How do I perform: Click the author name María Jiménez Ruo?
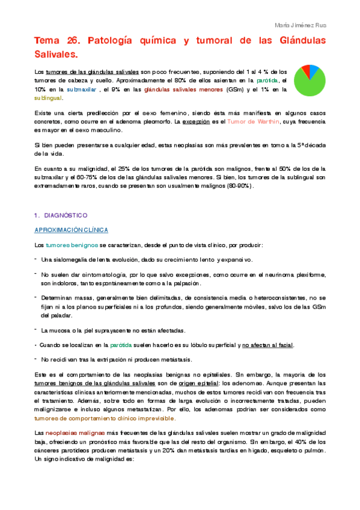[317, 25]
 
